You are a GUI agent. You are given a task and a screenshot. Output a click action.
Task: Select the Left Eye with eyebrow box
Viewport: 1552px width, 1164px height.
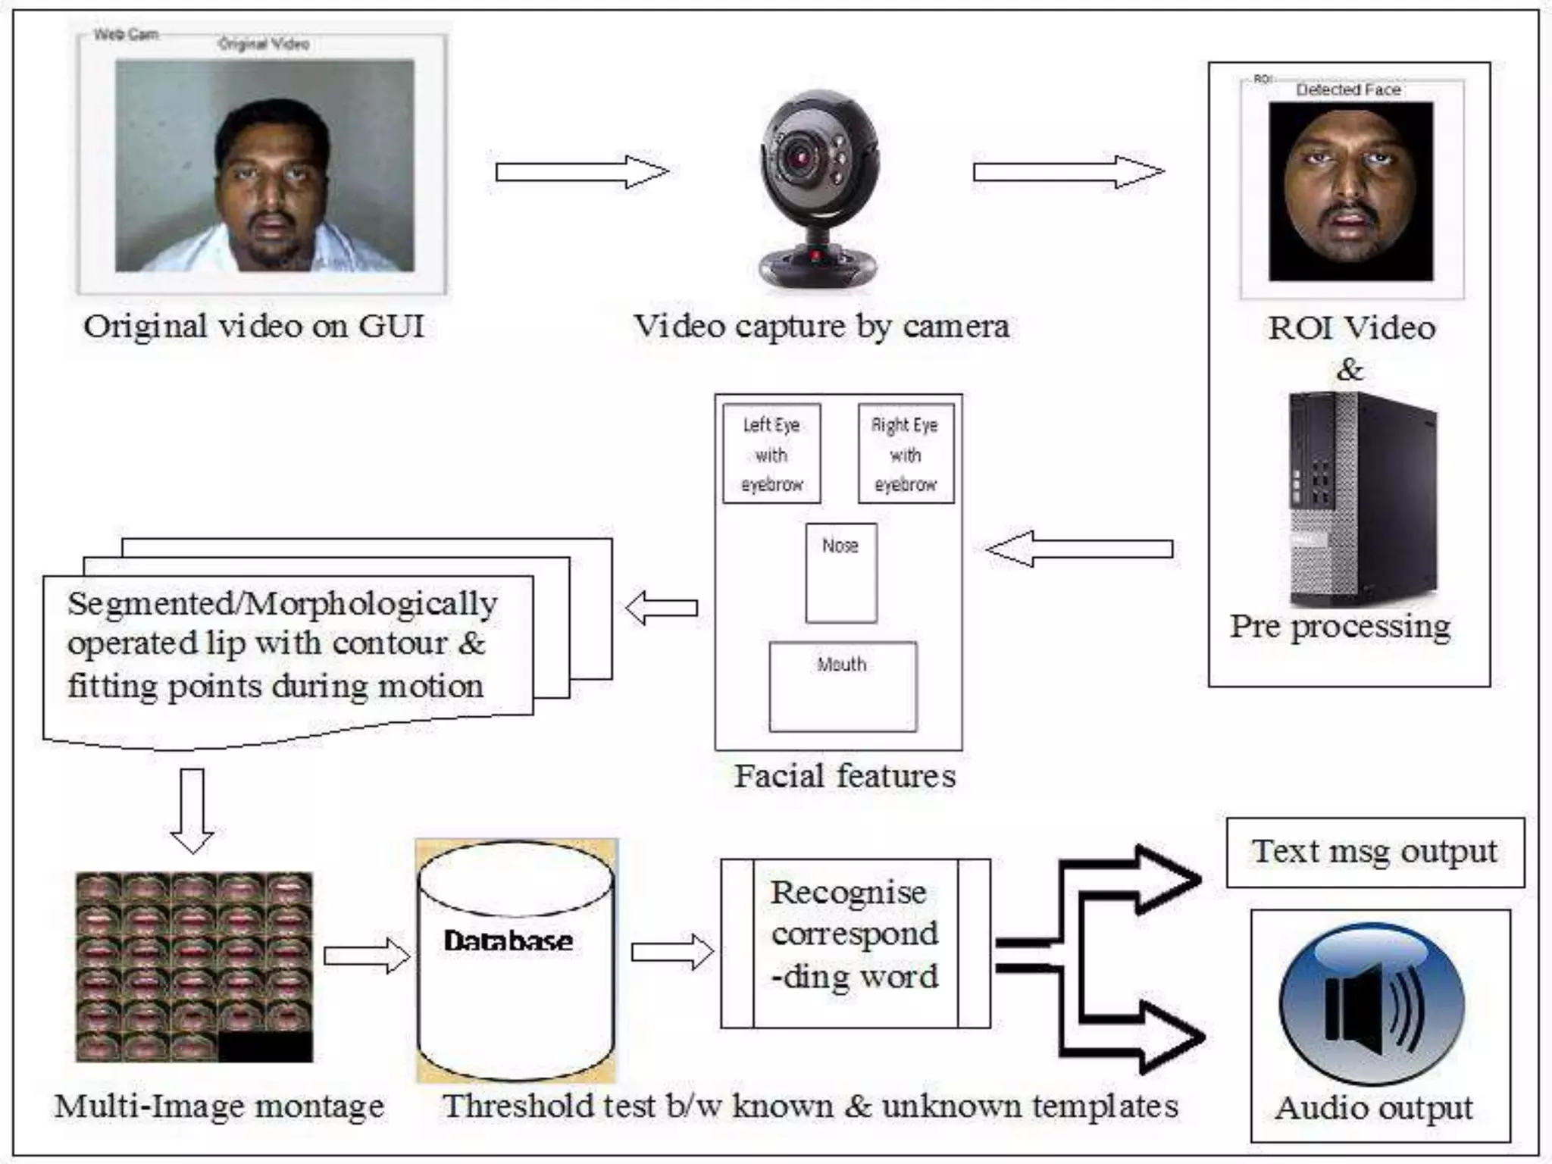[x=771, y=454]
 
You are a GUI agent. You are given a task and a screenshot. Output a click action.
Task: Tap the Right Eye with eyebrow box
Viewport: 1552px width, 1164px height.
[x=906, y=454]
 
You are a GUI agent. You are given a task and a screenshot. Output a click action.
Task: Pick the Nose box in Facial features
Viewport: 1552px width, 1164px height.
[x=841, y=573]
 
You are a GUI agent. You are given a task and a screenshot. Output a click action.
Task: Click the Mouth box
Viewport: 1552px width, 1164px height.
[x=843, y=687]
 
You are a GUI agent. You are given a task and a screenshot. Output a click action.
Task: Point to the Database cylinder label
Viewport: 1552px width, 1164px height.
[x=508, y=941]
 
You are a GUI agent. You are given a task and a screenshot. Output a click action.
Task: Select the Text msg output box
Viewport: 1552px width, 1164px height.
[x=1375, y=852]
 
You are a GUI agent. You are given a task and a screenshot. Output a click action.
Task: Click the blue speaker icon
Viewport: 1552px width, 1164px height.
[x=1372, y=1004]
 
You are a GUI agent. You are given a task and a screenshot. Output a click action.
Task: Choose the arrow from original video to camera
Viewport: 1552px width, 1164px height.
[x=582, y=172]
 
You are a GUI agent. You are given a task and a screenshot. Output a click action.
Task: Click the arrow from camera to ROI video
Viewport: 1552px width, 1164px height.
[x=1069, y=172]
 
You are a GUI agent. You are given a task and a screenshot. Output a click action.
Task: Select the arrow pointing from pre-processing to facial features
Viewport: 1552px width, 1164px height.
[x=1080, y=549]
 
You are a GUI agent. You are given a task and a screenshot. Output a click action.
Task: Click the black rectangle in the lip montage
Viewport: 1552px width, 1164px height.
[x=265, y=1047]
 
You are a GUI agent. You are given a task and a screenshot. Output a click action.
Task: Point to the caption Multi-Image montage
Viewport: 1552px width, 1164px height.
[x=220, y=1106]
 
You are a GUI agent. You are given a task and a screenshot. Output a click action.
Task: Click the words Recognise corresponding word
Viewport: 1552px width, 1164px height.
[x=855, y=934]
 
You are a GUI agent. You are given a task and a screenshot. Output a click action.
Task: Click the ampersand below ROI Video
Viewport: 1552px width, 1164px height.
[x=1349, y=370]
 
